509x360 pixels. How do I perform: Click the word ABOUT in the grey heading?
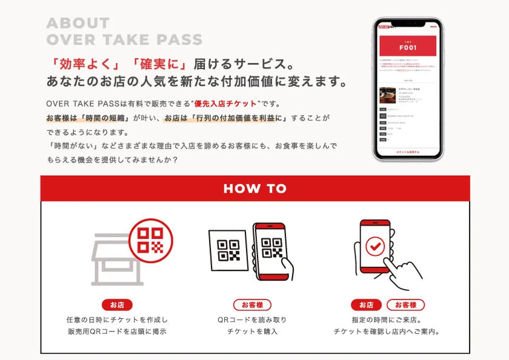tap(78, 24)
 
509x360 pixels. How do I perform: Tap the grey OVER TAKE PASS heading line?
tap(124, 41)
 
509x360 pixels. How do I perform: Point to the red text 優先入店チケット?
tap(225, 104)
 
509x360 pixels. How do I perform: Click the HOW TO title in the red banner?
tap(254, 188)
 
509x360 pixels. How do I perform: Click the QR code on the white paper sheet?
tap(228, 250)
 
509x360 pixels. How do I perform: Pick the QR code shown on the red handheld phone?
tap(271, 248)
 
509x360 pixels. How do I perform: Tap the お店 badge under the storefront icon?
tap(117, 305)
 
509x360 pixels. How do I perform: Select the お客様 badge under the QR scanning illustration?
tap(252, 305)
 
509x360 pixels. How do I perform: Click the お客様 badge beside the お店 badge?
tap(405, 305)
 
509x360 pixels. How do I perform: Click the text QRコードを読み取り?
tap(252, 319)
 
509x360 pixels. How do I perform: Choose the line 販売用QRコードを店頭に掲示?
tap(117, 332)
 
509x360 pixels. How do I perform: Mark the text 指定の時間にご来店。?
tap(386, 319)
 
